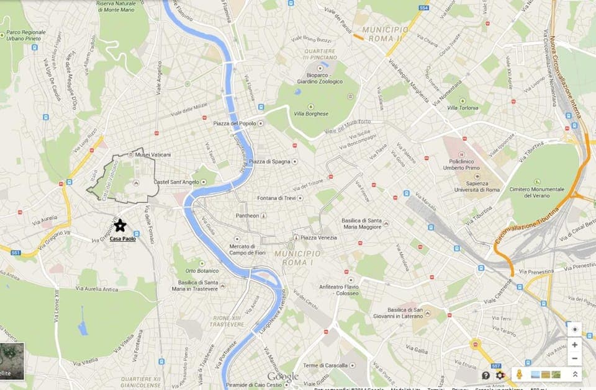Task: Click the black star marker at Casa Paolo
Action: pyautogui.click(x=120, y=226)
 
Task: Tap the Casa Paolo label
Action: pyautogui.click(x=122, y=239)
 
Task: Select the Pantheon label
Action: pyautogui.click(x=247, y=216)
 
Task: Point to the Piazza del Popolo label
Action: pyautogui.click(x=234, y=123)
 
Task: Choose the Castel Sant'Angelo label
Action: pyautogui.click(x=176, y=182)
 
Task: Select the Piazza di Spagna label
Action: pyautogui.click(x=269, y=162)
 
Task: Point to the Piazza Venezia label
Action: pyautogui.click(x=319, y=237)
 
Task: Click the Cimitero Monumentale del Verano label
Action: pyautogui.click(x=536, y=192)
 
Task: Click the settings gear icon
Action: pyautogui.click(x=500, y=375)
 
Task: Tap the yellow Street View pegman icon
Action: pyautogui.click(x=520, y=374)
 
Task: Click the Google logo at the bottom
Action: pyautogui.click(x=283, y=377)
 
